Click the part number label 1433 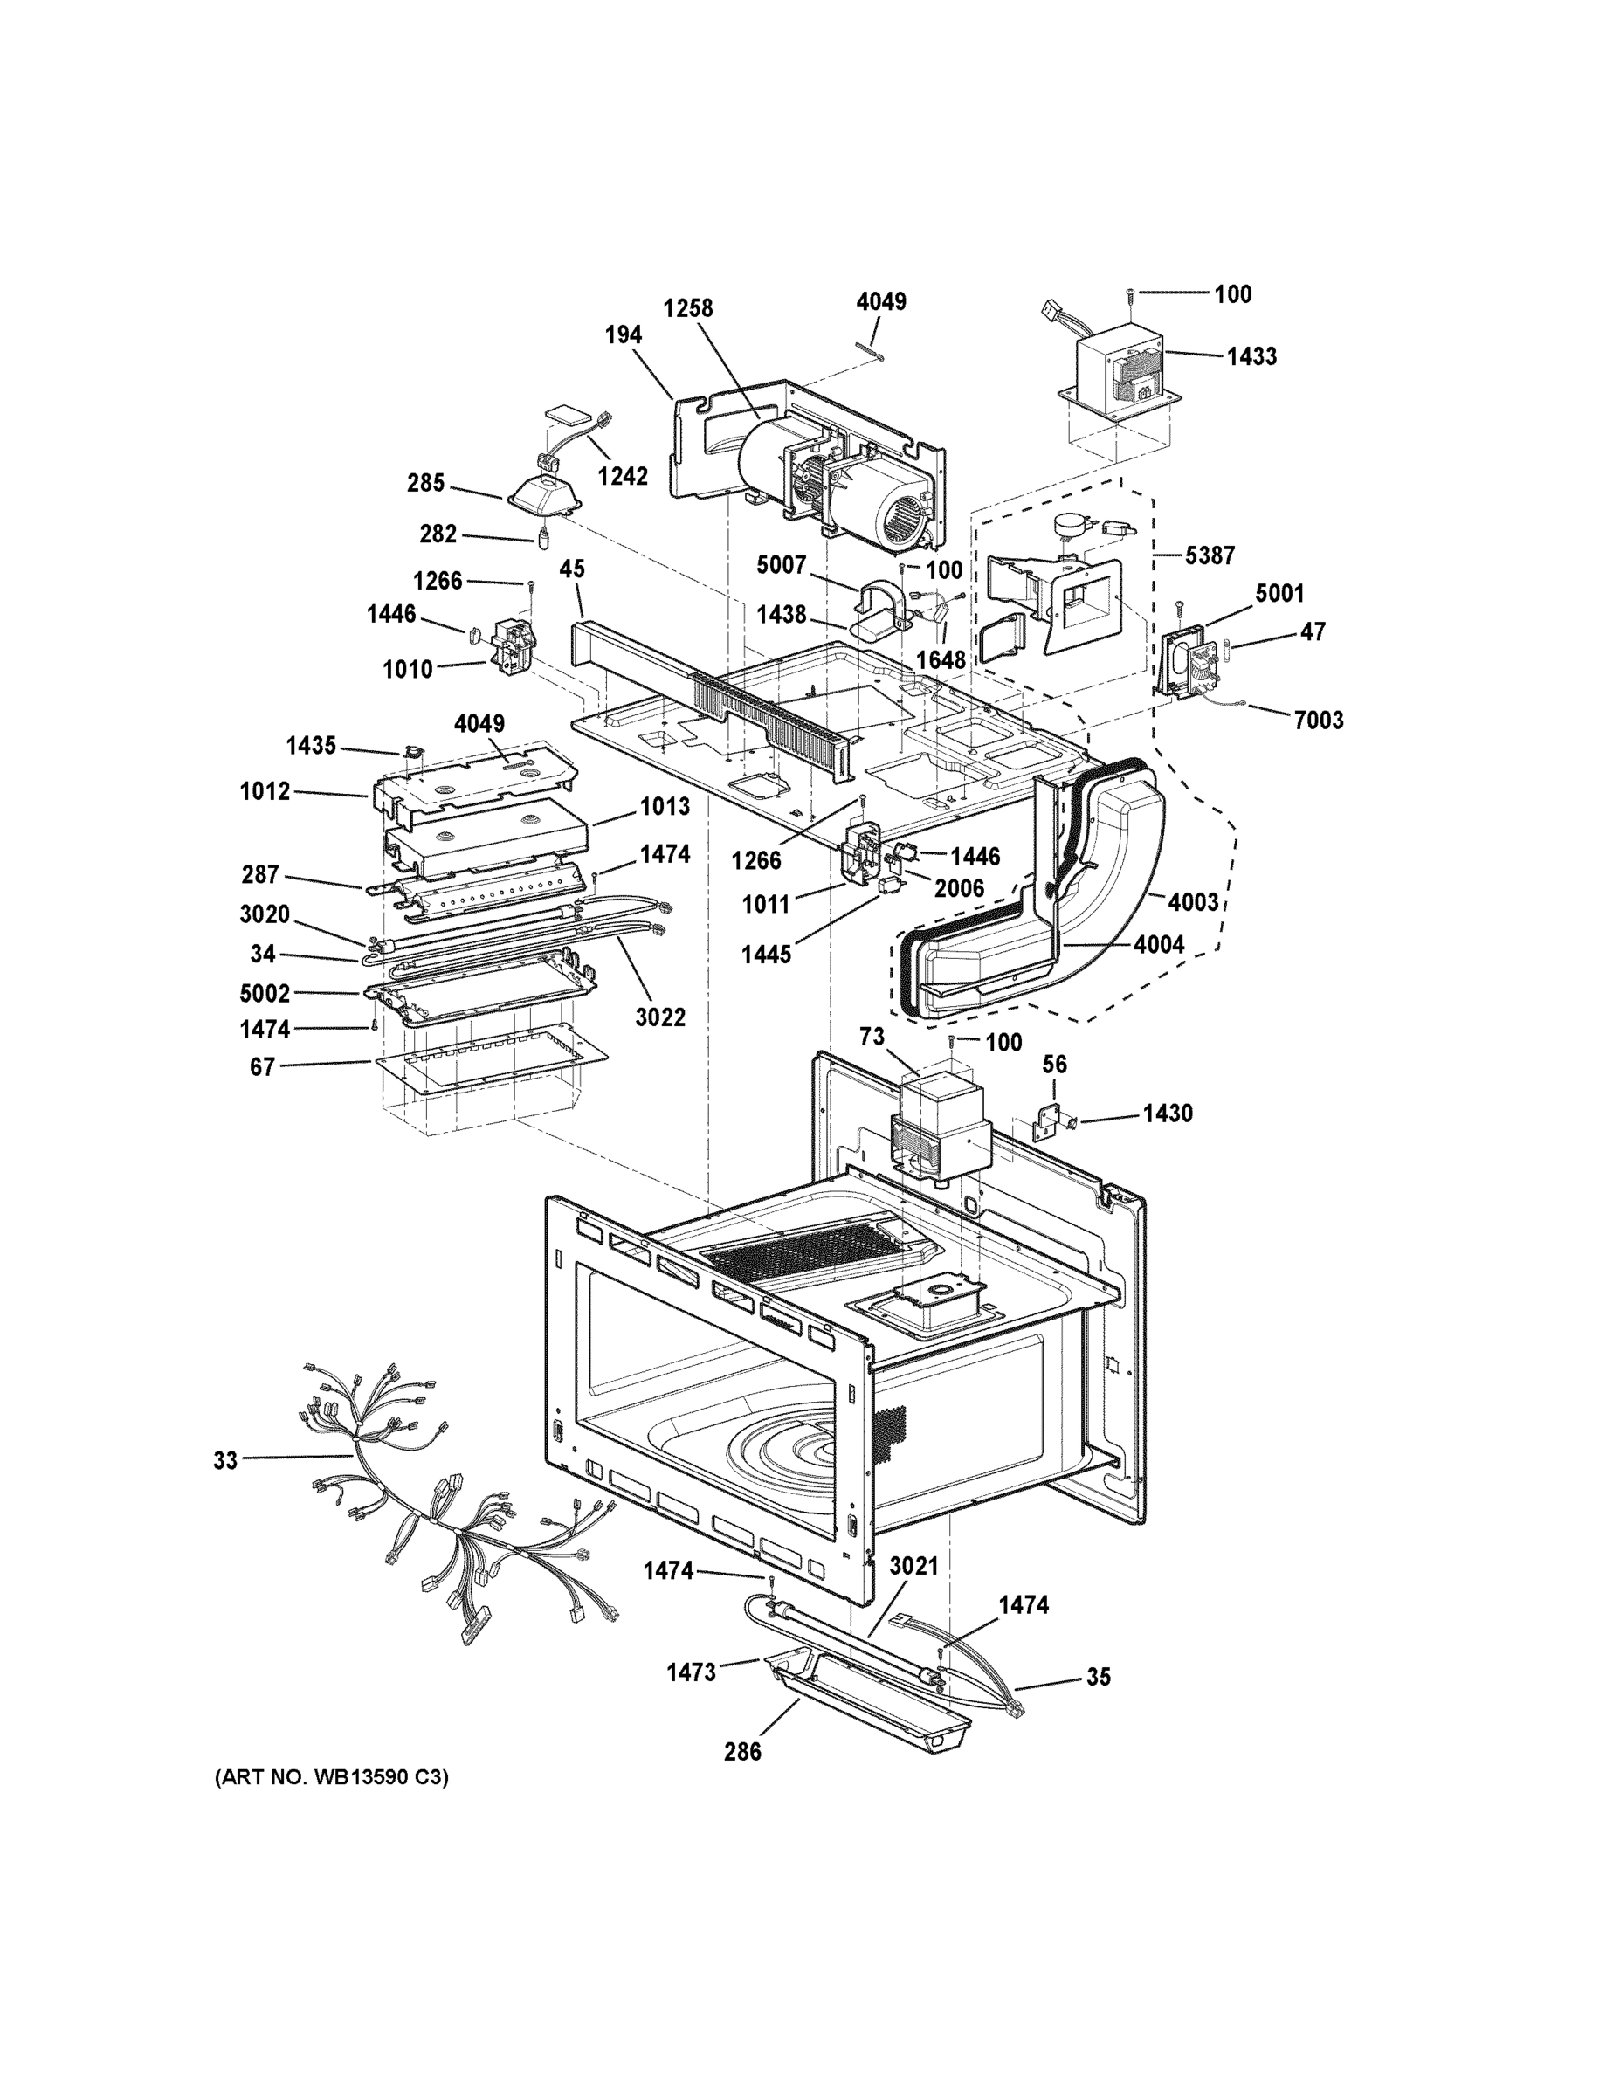click(1251, 356)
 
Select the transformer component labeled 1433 click(1119, 376)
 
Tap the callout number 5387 click(1210, 555)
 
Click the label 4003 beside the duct click(1194, 901)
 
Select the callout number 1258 click(688, 308)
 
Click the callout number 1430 click(1167, 1113)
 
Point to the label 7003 click(1319, 720)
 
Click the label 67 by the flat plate click(262, 1066)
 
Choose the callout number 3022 click(660, 1017)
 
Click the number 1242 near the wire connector click(622, 476)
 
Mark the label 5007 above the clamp click(782, 565)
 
